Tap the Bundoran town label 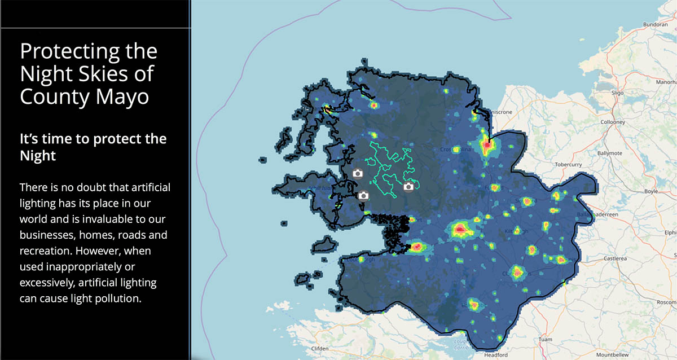pyautogui.click(x=655, y=25)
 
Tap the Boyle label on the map pyautogui.click(x=651, y=191)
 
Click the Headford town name pyautogui.click(x=496, y=355)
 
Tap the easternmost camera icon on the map pyautogui.click(x=408, y=187)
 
